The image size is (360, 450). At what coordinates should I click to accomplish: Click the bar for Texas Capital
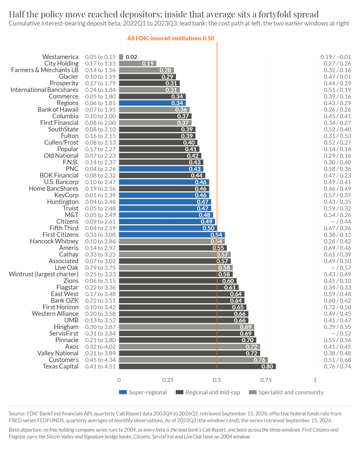(197, 366)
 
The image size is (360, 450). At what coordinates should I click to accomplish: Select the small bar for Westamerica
(121, 57)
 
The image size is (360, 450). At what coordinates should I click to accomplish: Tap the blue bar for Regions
(152, 103)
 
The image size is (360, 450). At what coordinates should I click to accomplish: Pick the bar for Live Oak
(176, 268)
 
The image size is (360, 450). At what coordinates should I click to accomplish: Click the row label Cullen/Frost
(61, 142)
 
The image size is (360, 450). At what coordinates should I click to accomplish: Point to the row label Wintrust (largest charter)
(44, 274)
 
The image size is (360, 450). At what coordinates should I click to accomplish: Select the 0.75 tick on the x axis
(266, 380)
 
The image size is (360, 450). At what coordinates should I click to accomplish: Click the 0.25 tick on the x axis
(168, 380)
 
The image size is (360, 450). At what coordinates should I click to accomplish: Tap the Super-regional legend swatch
(123, 392)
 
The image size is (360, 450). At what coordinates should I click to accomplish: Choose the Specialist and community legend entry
(286, 392)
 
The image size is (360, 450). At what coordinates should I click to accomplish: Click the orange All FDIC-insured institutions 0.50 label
(171, 38)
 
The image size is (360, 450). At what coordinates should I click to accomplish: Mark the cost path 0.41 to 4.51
(100, 367)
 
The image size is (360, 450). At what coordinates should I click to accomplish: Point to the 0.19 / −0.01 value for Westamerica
(336, 57)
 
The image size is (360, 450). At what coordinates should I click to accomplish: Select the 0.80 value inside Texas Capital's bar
(267, 367)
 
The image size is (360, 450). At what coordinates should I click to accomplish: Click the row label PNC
(72, 169)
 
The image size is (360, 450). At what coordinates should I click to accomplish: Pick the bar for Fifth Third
(168, 228)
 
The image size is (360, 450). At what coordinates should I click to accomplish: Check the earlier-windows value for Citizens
(341, 221)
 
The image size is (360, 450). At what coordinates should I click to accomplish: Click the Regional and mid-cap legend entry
(208, 392)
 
